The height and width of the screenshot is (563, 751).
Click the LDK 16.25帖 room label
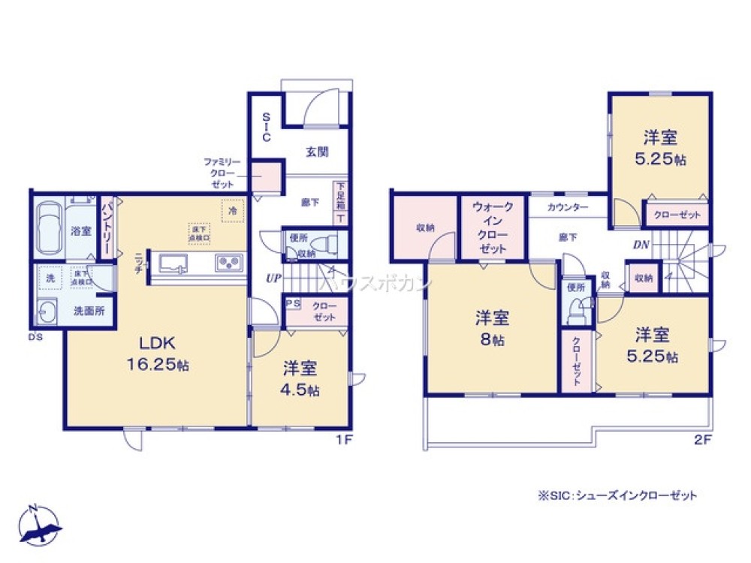pyautogui.click(x=157, y=354)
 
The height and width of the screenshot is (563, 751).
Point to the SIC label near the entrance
pyautogui.click(x=266, y=127)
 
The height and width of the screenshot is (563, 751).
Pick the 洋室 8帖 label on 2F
pyautogui.click(x=493, y=328)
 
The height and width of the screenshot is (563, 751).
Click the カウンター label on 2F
pyautogui.click(x=568, y=207)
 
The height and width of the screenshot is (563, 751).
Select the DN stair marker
pyautogui.click(x=641, y=244)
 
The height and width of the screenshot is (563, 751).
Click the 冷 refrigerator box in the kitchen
pyautogui.click(x=233, y=212)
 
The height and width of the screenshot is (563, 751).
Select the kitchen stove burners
pyautogui.click(x=228, y=263)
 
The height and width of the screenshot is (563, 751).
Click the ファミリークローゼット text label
pyautogui.click(x=221, y=173)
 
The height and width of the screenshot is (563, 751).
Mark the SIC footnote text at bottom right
pyautogui.click(x=617, y=495)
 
